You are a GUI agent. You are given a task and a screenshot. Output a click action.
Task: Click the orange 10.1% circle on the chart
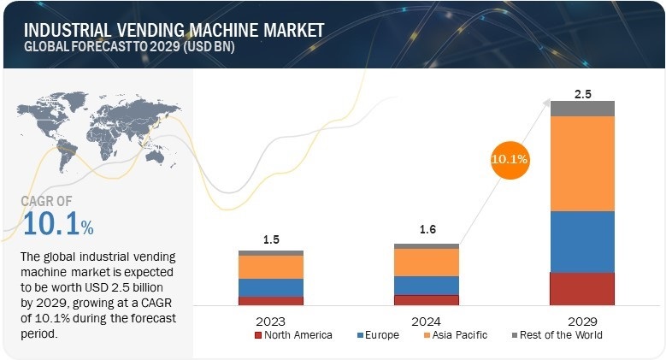pyautogui.click(x=510, y=159)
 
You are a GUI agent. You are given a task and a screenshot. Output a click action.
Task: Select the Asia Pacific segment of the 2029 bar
pyautogui.click(x=582, y=162)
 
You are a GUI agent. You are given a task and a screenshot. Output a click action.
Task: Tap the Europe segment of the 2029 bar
pyautogui.click(x=582, y=241)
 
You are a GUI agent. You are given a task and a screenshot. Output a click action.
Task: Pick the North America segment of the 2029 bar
pyautogui.click(x=582, y=288)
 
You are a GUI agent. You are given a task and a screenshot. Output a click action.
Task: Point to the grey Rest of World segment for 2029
pyautogui.click(x=582, y=108)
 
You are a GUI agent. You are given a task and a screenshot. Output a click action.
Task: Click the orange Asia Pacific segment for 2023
pyautogui.click(x=271, y=267)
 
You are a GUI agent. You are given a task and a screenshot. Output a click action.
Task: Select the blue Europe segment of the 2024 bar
pyautogui.click(x=426, y=285)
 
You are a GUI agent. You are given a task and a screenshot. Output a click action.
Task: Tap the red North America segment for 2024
pyautogui.click(x=426, y=299)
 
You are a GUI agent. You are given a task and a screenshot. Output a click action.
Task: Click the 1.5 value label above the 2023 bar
pyautogui.click(x=271, y=240)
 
